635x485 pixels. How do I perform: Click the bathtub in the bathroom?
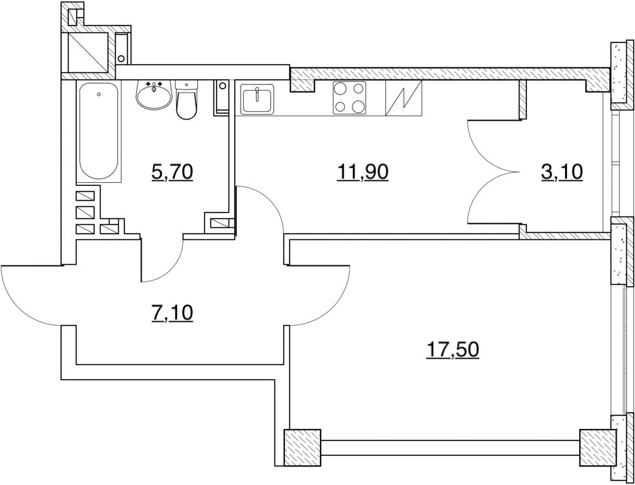coord(99,132)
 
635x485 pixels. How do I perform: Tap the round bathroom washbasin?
coord(153,96)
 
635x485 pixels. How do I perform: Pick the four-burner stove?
coord(350,99)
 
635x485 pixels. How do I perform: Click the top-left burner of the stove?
coord(340,90)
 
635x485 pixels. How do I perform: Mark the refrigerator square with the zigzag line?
coord(404,99)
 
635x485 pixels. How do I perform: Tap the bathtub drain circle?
coord(98,95)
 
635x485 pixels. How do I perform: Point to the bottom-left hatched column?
coord(301,448)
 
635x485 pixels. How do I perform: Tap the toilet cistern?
coord(186,84)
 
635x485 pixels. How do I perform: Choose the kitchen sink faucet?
coord(257,95)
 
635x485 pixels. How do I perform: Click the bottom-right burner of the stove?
coord(359,108)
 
